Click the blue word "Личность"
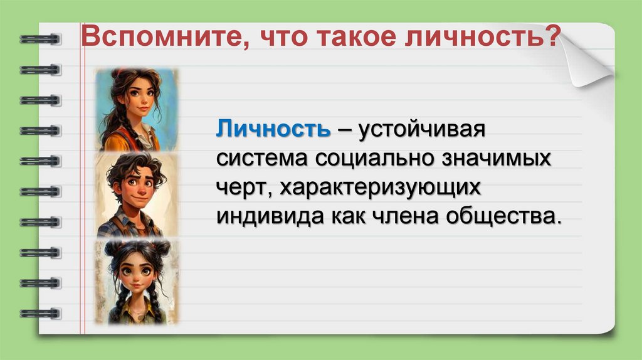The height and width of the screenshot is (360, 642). pyautogui.click(x=274, y=130)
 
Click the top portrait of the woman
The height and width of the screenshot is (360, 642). pyautogui.click(x=135, y=110)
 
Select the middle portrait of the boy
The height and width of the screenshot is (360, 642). pyautogui.click(x=135, y=194)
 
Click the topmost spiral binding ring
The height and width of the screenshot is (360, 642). pyautogui.click(x=40, y=39)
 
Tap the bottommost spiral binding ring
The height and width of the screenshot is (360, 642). pyautogui.click(x=40, y=313)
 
